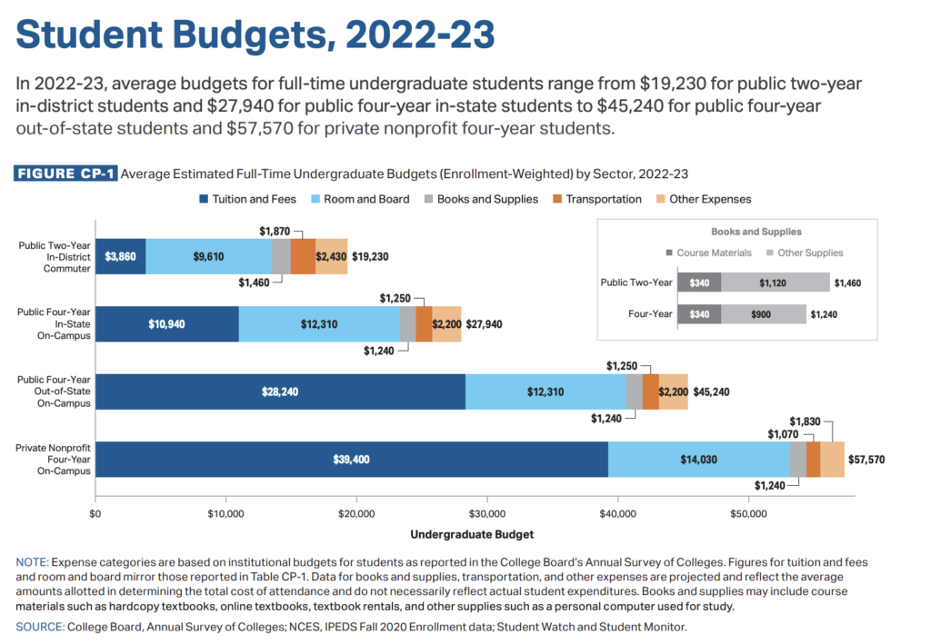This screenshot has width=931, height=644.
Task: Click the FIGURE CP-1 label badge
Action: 66,173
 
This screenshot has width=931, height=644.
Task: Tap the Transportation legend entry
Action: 596,199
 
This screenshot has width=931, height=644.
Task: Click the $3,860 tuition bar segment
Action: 120,256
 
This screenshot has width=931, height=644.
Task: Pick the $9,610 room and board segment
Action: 208,256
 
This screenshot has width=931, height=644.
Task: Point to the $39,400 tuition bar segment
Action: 352,460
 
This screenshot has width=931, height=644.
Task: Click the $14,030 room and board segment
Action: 698,460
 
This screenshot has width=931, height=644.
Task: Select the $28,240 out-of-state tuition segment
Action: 280,391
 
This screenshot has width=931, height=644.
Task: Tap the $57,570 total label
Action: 866,460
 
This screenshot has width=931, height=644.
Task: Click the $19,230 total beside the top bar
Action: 370,256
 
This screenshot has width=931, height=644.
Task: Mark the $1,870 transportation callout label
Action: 275,232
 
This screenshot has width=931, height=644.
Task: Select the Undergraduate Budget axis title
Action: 472,533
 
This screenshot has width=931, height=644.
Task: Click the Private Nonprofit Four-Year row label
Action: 54,459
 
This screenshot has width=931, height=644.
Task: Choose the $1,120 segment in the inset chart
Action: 775,282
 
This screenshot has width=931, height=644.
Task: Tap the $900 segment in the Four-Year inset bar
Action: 764,314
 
